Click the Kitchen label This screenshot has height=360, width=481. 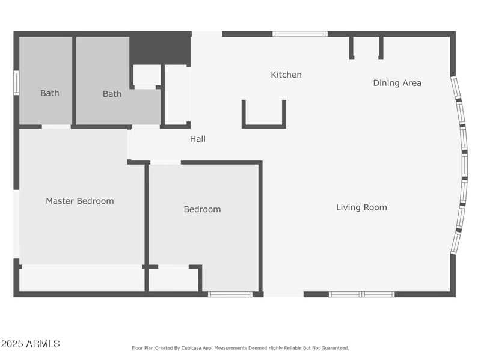tap(286, 75)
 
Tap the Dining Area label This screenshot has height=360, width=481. tap(397, 83)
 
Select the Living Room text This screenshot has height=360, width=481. tap(361, 207)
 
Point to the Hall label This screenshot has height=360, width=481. tap(198, 139)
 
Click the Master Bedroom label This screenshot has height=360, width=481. tap(80, 201)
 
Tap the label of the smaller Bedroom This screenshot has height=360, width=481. tap(202, 209)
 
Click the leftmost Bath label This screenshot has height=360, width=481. tap(50, 93)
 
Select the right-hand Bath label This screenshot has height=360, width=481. tap(112, 94)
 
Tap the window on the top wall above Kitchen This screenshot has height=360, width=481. tap(300, 34)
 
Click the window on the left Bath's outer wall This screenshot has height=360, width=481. tap(16, 83)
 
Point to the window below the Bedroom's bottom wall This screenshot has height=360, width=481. tap(230, 294)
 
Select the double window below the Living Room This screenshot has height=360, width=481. tap(361, 294)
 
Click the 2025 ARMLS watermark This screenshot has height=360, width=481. tap(30, 344)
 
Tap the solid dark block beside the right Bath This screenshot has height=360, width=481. tap(159, 48)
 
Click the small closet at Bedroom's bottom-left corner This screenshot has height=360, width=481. tap(173, 279)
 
